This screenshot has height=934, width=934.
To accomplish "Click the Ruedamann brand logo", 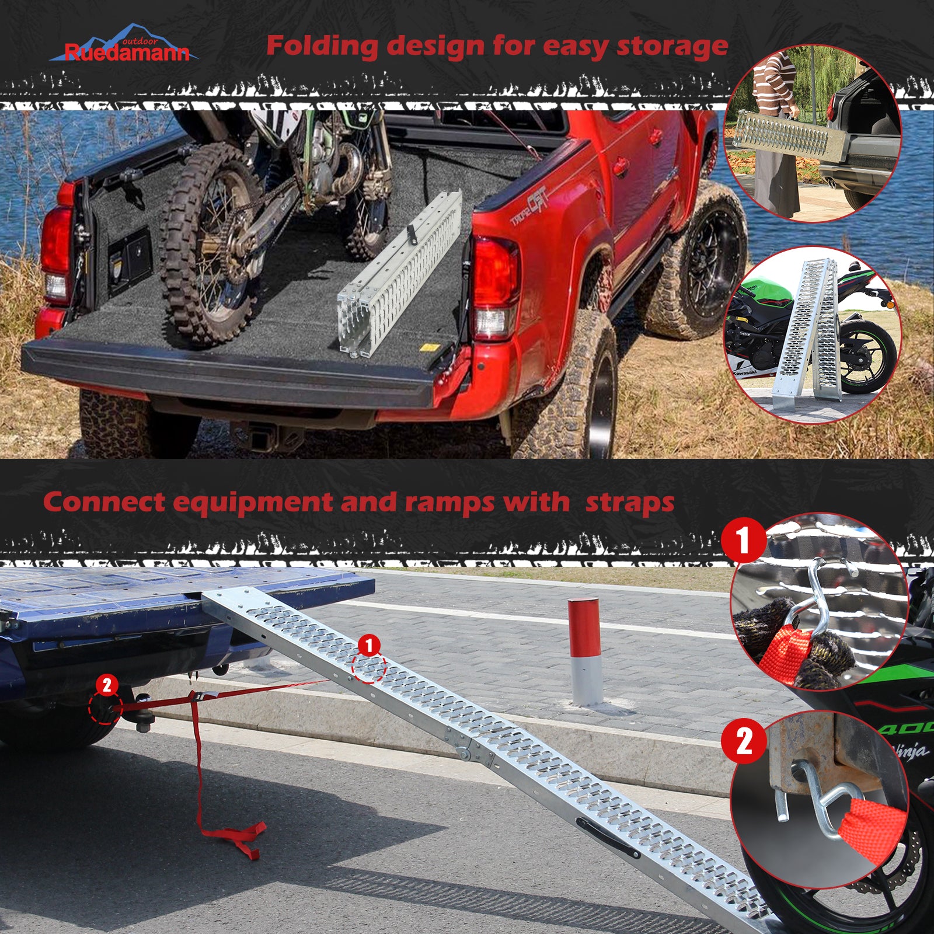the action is [x=124, y=44].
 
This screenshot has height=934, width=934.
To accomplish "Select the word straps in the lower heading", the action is [x=630, y=502].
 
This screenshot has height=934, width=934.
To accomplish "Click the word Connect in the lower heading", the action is [x=104, y=501].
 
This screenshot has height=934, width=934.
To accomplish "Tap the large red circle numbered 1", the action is [x=743, y=541].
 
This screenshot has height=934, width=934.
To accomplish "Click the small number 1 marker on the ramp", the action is [x=369, y=646].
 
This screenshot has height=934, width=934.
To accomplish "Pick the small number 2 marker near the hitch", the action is [x=106, y=685].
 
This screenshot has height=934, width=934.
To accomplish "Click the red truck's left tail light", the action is [x=57, y=254].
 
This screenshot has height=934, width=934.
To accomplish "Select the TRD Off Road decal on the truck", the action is [x=529, y=205].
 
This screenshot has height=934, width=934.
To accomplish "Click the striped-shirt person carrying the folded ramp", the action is [x=774, y=128].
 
